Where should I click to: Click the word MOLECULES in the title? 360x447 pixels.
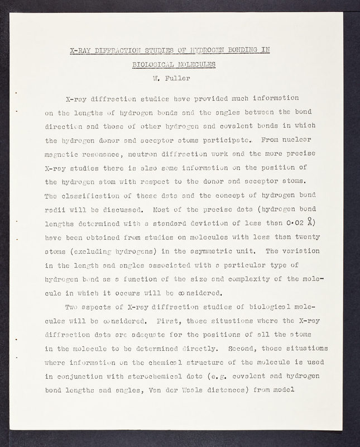(197, 64)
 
